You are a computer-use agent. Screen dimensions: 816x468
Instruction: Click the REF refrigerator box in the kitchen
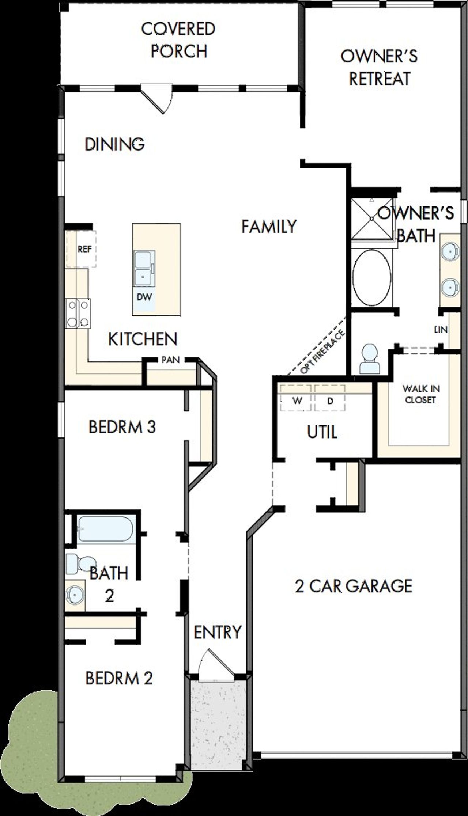tap(81, 249)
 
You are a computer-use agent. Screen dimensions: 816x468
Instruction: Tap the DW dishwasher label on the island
tap(144, 297)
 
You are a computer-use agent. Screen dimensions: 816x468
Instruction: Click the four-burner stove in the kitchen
tap(78, 313)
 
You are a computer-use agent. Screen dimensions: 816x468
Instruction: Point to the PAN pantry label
tap(171, 360)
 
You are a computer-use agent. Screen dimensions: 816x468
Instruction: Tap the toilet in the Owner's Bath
tap(369, 359)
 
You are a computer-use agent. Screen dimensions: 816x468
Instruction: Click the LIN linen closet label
tap(441, 330)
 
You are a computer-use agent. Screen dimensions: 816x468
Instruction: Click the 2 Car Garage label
tap(354, 586)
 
